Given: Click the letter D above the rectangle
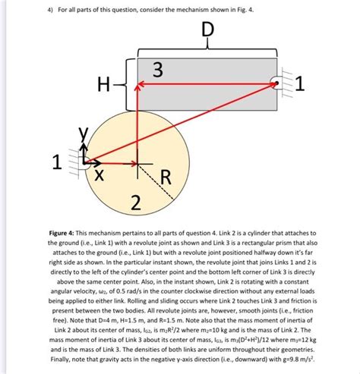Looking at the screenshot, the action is pyautogui.click(x=207, y=33).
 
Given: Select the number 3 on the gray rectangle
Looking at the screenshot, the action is pyautogui.click(x=157, y=71).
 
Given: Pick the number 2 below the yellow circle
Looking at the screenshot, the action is pyautogui.click(x=136, y=202).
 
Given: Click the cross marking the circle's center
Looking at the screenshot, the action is pyautogui.click(x=137, y=162).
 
